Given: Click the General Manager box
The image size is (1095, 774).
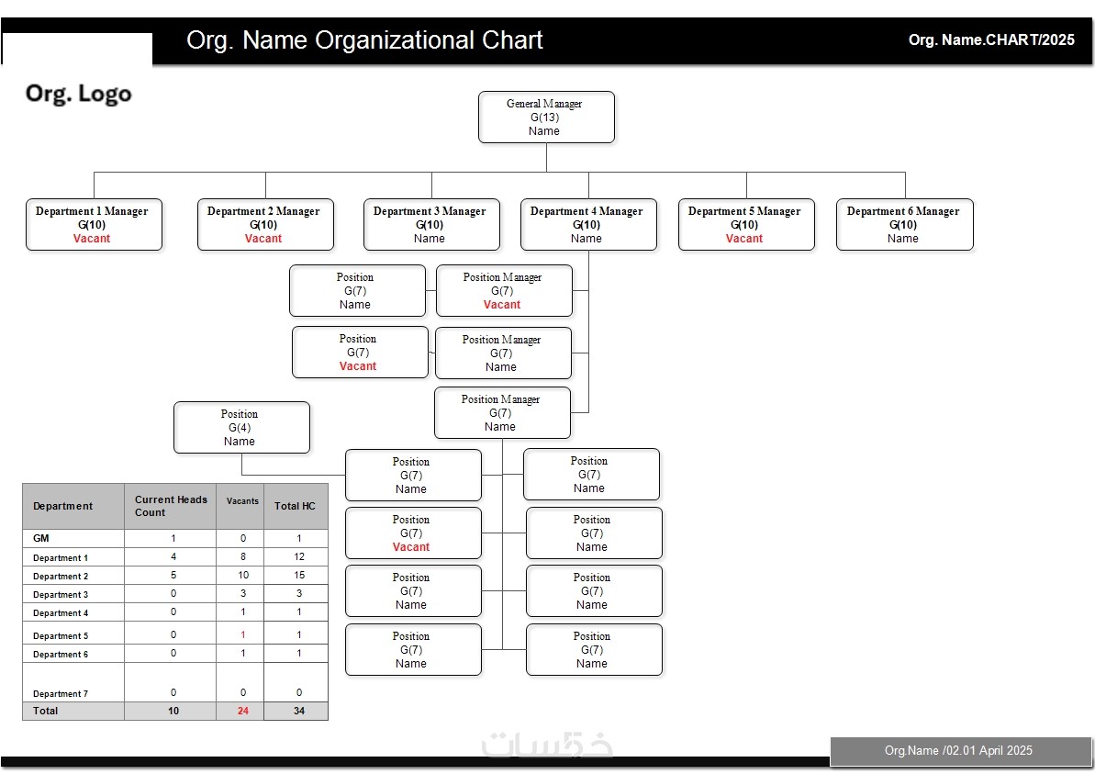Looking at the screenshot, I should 546,117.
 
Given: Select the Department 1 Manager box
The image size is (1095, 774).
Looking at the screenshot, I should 94,224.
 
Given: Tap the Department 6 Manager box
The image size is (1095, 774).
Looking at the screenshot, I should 904,224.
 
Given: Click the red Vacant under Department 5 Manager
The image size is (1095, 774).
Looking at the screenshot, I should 744,239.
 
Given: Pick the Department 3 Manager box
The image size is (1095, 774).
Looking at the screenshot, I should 431,224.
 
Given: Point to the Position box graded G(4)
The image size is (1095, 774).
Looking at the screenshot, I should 241,427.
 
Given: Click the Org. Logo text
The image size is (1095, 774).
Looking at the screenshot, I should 79,94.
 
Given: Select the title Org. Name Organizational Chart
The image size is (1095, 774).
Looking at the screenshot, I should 364,40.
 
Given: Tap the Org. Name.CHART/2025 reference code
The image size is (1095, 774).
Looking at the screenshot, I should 991,40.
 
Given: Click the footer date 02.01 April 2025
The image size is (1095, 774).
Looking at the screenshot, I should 958,750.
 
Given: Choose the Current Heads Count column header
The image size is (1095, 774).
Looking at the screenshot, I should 171,506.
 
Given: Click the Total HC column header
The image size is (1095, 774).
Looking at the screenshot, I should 295,506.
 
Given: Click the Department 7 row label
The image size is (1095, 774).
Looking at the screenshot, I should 61,693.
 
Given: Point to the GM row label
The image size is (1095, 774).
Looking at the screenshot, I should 41,538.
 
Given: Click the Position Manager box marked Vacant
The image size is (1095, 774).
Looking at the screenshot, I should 503,291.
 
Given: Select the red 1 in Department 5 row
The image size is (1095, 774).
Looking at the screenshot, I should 243,635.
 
